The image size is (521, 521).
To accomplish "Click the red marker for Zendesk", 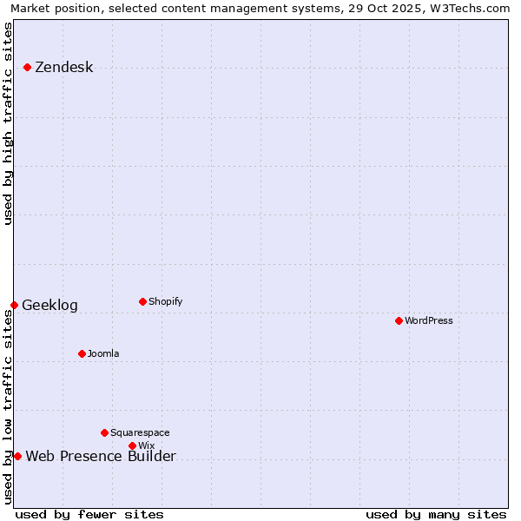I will [x=28, y=67].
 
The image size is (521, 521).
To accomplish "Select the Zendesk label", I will [x=63, y=68].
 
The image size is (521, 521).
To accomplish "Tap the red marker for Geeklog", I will [x=14, y=305].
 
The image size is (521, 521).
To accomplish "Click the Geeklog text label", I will [x=49, y=306].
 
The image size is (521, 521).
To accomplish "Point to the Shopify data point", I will [x=142, y=301].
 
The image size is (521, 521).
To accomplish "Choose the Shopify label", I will [x=165, y=302].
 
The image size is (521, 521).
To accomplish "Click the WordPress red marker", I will [x=399, y=320].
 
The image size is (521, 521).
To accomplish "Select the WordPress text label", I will [x=428, y=321].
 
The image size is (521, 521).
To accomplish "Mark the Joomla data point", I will [x=82, y=353].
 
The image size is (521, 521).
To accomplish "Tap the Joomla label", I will [x=103, y=354].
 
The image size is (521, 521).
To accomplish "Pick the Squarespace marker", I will [x=104, y=432].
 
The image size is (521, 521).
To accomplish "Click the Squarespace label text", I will [x=140, y=433].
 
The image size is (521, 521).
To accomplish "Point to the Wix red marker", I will [x=132, y=445].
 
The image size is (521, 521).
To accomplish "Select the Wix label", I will [x=146, y=446].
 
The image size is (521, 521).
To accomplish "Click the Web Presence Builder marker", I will [x=17, y=456].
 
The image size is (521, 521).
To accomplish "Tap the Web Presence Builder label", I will [x=101, y=457].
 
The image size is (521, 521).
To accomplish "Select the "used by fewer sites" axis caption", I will [x=89, y=514].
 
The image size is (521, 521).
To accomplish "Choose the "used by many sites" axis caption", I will [x=436, y=514].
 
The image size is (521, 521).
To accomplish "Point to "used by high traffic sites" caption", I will [x=9, y=123].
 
